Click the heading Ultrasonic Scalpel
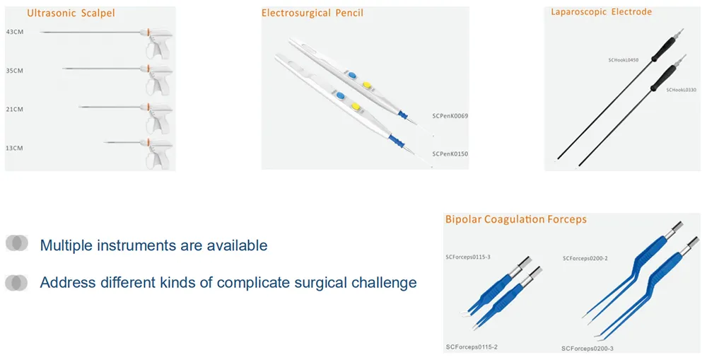coord(71,13)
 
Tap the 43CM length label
coord(15,33)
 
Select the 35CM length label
coord(15,71)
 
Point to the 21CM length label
coord(15,109)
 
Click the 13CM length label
coord(15,148)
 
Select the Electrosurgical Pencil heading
coord(312,13)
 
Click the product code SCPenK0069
coord(450,115)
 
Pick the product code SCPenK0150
coord(450,153)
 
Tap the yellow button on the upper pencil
coord(367,85)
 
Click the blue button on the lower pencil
coord(340,95)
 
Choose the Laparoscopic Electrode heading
coord(601,12)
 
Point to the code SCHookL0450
coord(623,60)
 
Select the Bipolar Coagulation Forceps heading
coord(515,219)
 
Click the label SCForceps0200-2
coord(585,258)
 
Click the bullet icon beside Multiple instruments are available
coord(16,243)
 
